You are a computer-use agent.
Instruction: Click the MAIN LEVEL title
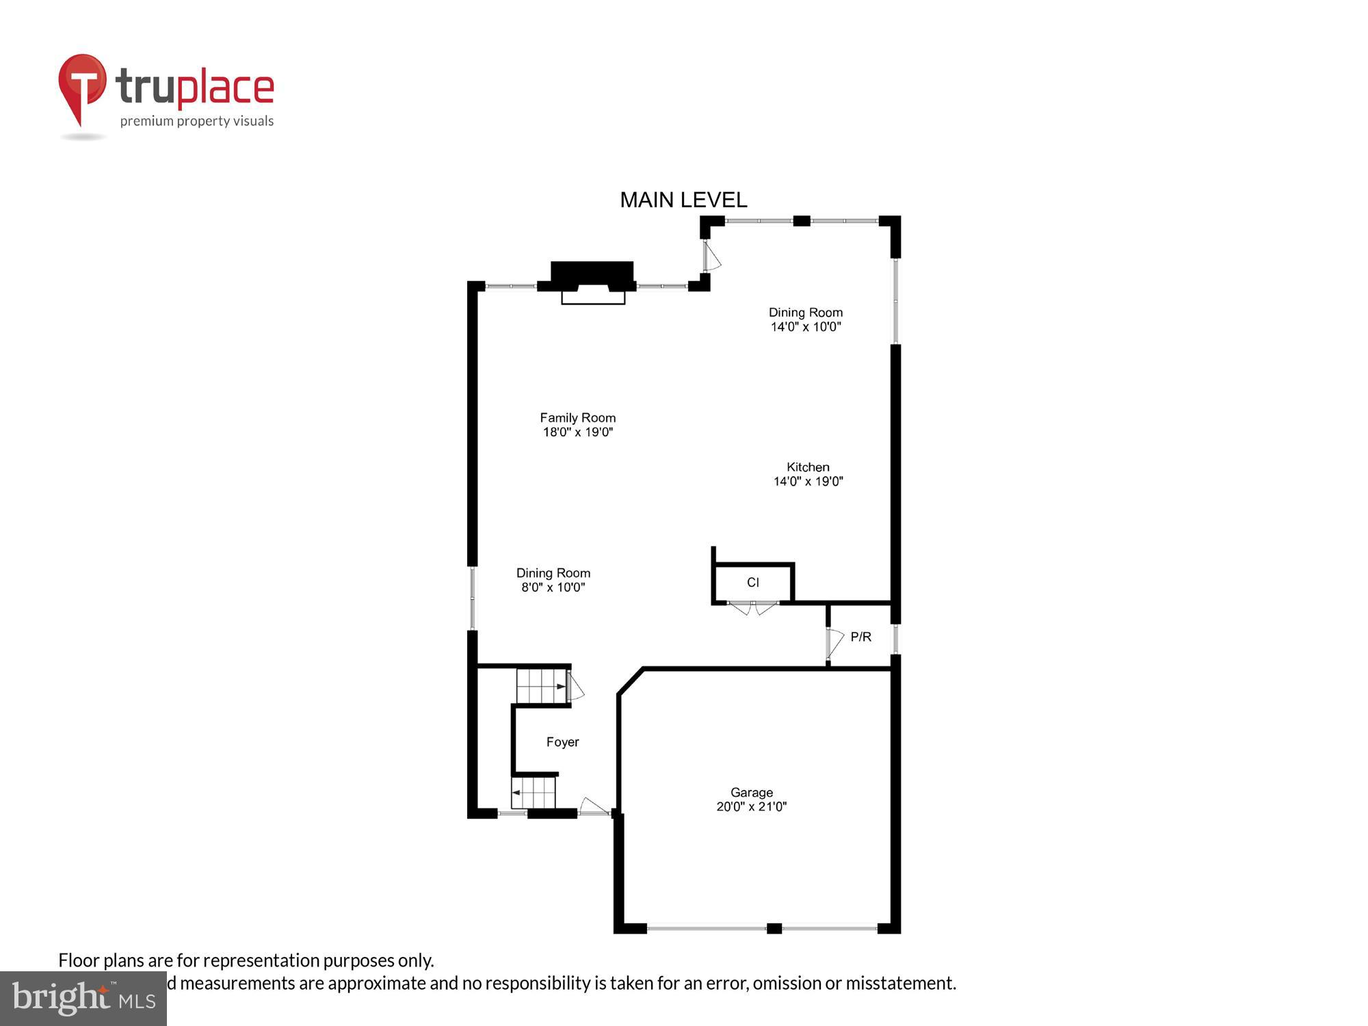683,200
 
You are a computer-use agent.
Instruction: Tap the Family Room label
577,418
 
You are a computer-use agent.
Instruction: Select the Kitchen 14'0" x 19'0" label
808,474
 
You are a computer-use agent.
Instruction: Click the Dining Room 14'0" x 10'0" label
805,319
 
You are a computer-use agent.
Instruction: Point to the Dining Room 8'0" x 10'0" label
553,580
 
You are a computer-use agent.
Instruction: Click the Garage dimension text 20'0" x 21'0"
751,807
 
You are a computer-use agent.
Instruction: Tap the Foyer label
562,742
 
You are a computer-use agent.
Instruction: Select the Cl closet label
752,583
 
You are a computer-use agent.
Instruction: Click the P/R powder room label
860,637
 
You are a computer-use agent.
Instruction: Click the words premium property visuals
197,122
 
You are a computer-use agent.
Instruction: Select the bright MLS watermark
83,999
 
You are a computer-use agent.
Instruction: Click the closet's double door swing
752,607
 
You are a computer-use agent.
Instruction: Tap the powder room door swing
835,643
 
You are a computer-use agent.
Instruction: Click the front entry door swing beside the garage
594,806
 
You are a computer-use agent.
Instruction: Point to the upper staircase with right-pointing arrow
541,686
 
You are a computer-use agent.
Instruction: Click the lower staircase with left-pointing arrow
534,793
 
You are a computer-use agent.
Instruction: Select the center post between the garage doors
774,928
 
